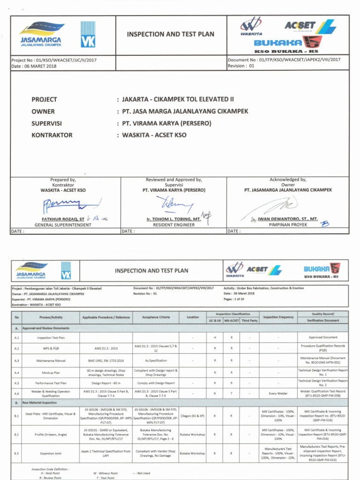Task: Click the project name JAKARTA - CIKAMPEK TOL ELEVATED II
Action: pos(177,99)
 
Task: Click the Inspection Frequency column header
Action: pos(278,317)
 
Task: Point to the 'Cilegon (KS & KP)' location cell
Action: pos(193,416)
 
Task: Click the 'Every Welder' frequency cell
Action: pos(278,394)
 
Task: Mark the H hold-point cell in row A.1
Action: pos(215,337)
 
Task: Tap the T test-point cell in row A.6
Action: pos(232,394)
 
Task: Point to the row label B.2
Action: pos(16,435)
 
